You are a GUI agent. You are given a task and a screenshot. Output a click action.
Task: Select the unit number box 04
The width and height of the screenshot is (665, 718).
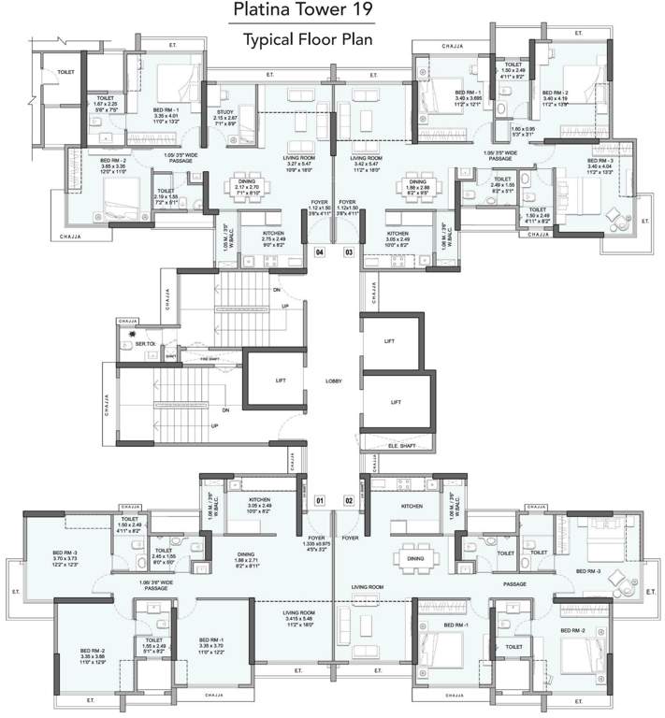click(319, 251)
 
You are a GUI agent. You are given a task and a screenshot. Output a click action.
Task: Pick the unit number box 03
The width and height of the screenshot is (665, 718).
click(348, 251)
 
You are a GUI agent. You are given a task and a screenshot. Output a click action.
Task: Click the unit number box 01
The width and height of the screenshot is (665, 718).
click(319, 501)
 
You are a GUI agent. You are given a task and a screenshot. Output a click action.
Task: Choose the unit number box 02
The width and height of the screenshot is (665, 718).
click(348, 501)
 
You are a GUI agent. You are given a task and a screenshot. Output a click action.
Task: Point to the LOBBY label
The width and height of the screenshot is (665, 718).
click(334, 381)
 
